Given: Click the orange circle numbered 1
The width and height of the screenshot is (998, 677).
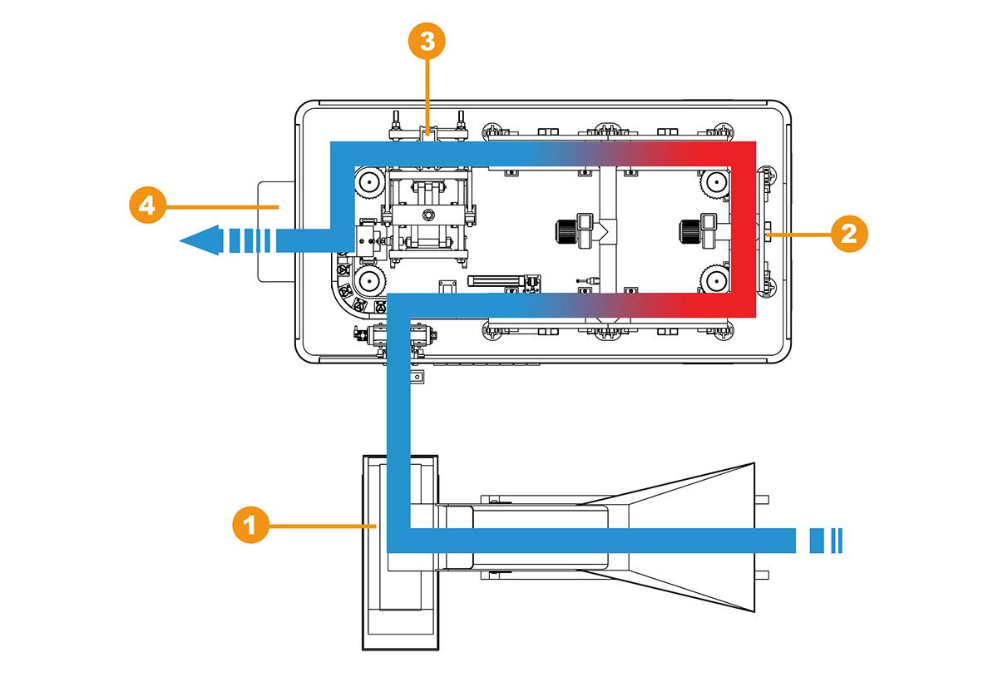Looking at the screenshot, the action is point(251,525).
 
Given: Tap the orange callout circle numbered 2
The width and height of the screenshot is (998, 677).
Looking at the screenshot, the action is point(849,234).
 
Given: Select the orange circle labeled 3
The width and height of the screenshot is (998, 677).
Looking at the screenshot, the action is point(427,41).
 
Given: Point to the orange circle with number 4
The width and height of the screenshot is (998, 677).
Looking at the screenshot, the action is point(147,205).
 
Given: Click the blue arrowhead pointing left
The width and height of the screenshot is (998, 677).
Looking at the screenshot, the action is point(201,240).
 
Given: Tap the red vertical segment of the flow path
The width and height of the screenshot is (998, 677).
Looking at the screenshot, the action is point(744,230).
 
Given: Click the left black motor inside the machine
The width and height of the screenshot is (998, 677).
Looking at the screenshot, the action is point(566,232).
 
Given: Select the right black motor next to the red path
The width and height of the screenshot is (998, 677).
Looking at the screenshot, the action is point(690,232).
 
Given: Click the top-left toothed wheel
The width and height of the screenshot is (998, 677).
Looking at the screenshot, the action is point(370,182).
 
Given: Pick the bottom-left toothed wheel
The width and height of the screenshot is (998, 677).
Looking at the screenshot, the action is point(370,281).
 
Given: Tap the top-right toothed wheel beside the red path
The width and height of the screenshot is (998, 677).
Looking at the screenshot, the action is point(715,182).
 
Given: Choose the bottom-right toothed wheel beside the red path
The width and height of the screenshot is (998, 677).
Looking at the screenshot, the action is point(715,281).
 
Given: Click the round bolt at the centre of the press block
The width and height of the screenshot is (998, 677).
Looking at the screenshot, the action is point(428,215).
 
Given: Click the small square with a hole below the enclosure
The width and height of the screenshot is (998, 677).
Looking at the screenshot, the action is point(417,377).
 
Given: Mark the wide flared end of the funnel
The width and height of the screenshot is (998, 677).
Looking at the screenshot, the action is point(753,537).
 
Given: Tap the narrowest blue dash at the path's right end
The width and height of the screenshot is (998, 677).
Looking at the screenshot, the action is point(841,541).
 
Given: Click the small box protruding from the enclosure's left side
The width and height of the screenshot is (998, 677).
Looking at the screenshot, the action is point(276,231).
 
